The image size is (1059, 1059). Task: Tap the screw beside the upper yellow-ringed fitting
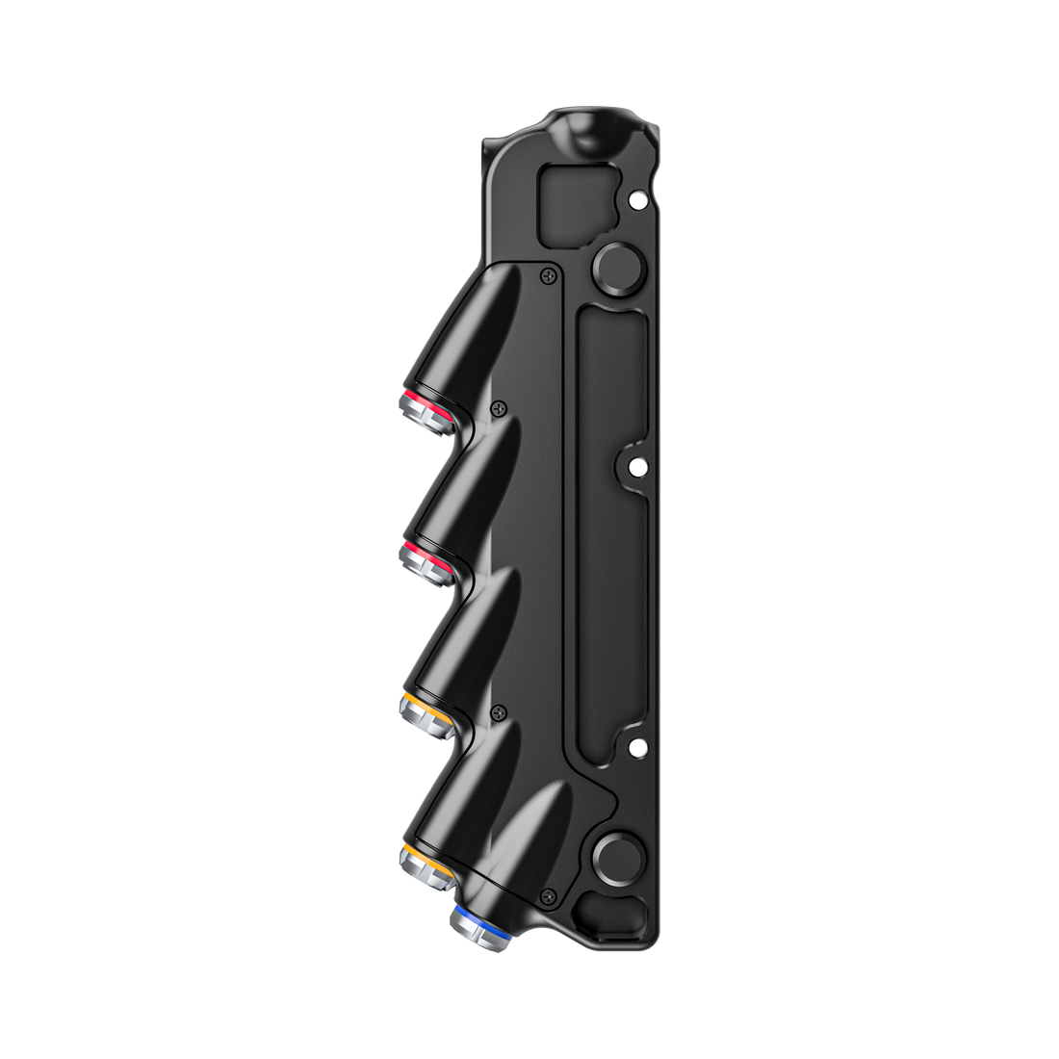(x=498, y=711)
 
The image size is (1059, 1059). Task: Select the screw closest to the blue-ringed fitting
(x=549, y=894)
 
